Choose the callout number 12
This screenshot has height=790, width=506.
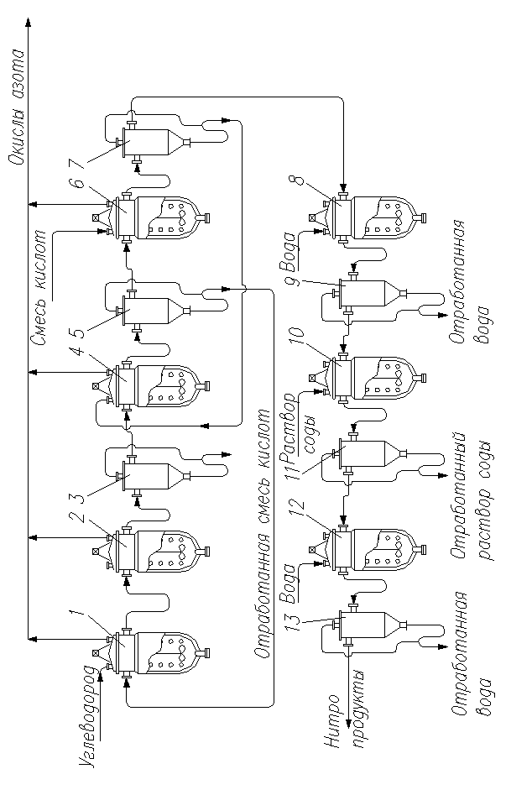pyautogui.click(x=292, y=509)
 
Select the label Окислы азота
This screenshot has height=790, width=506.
pyautogui.click(x=16, y=108)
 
